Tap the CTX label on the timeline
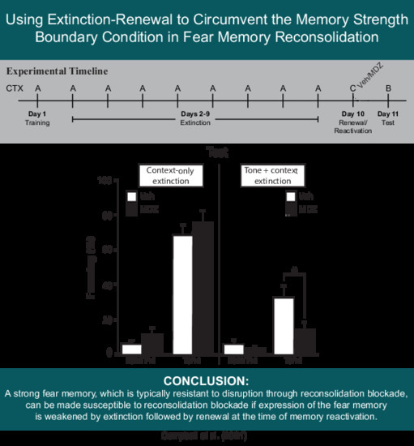click(14, 87)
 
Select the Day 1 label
click(37, 114)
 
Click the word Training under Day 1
click(37, 122)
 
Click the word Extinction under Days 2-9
click(194, 122)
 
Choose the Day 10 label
click(352, 114)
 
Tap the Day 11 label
click(389, 114)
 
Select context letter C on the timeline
click(352, 87)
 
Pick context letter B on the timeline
click(389, 87)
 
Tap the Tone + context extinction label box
click(271, 174)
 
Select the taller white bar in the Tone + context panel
click(283, 325)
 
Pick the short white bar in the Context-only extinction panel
click(131, 348)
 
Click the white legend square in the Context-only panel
click(130, 195)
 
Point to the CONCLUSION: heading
click(207, 380)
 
